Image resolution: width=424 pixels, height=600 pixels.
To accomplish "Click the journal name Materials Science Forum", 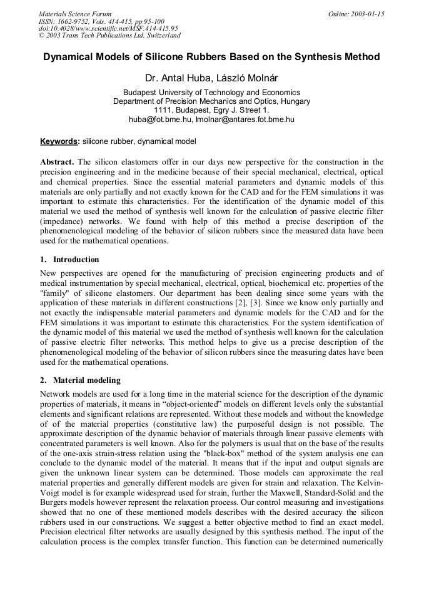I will pyautogui.click(x=75, y=14).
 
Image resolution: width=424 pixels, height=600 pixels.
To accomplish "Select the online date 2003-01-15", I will pyautogui.click(x=368, y=14).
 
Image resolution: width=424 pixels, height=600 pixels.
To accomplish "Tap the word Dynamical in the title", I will pyautogui.click(x=69, y=57).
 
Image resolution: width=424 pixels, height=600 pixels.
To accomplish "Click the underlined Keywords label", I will pyautogui.click(x=60, y=141).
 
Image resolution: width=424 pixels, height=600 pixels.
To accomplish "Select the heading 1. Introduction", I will pyautogui.click(x=69, y=259).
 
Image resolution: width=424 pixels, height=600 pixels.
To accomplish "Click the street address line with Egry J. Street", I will pyautogui.click(x=211, y=109).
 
